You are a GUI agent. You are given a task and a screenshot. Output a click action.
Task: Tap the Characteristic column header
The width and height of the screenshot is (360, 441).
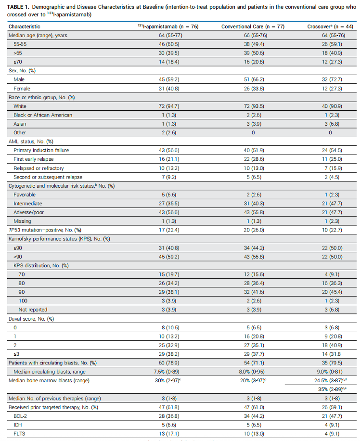[25, 26]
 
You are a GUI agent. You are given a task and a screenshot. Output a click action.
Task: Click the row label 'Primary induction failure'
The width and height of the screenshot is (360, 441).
[41, 150]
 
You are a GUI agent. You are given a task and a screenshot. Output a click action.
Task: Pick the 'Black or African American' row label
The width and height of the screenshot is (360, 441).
[43, 115]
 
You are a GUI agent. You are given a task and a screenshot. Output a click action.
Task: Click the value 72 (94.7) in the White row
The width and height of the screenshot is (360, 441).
[165, 106]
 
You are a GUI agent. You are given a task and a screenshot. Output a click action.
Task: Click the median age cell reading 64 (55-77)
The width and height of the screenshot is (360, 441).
[165, 35]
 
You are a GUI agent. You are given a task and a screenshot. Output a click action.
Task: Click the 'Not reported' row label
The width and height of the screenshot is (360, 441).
[33, 310]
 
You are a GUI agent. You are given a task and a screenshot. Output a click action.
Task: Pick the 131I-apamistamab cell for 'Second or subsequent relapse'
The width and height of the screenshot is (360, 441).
[165, 177]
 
